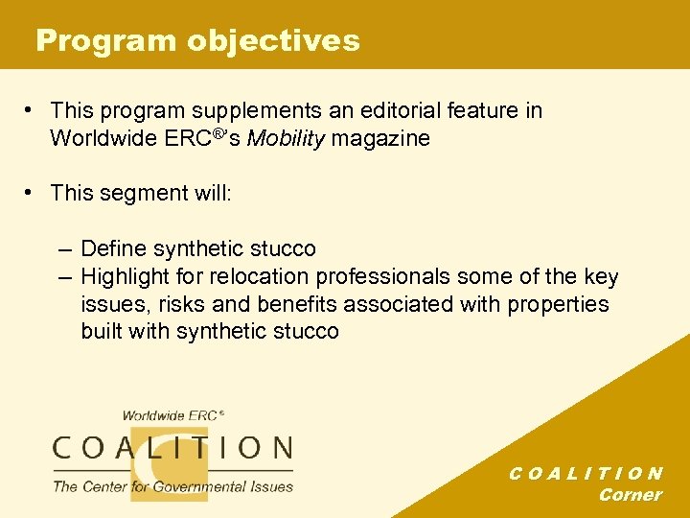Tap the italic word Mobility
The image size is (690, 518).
(285, 138)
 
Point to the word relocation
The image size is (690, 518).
(254, 277)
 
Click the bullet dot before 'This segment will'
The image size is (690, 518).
(32, 193)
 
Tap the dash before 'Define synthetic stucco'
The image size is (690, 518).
(63, 249)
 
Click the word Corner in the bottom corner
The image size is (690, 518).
(630, 495)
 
